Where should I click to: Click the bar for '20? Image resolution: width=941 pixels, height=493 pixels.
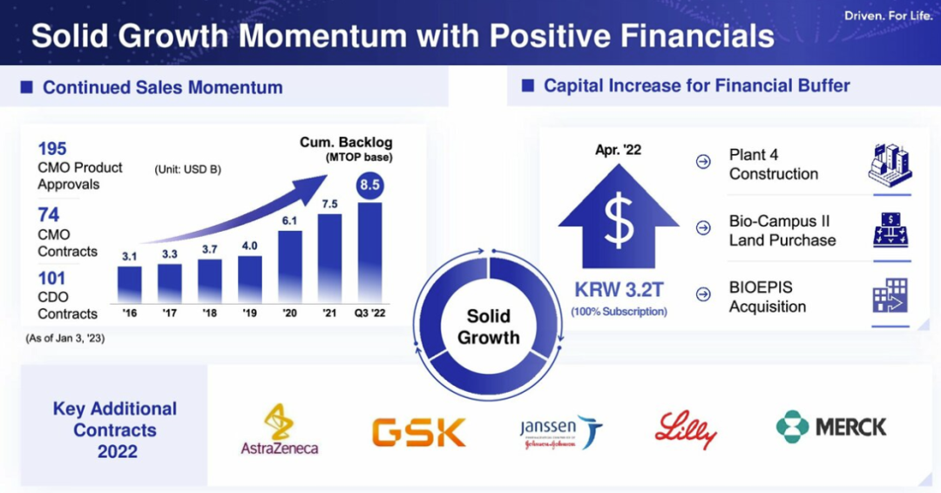(x=290, y=267)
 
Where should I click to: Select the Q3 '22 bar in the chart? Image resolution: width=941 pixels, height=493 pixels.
(x=369, y=253)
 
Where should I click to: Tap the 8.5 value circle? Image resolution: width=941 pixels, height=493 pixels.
(x=369, y=185)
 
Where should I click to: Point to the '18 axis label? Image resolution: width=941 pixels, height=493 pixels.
(x=209, y=313)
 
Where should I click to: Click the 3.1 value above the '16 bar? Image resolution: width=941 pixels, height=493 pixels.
(x=130, y=257)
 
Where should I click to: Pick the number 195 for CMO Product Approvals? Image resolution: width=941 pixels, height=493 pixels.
(x=52, y=149)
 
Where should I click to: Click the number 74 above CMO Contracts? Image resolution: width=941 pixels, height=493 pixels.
(x=49, y=215)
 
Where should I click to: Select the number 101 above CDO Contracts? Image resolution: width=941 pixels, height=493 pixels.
(x=51, y=278)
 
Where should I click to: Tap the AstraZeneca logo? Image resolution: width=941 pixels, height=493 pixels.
(x=280, y=429)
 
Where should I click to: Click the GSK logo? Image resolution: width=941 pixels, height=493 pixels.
(x=419, y=432)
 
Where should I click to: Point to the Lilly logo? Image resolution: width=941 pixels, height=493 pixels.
(x=686, y=429)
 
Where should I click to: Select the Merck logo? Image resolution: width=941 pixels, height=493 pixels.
(x=831, y=427)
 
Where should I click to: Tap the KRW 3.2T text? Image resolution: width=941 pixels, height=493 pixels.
(x=619, y=290)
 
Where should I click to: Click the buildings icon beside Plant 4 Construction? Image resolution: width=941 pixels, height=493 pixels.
(x=890, y=165)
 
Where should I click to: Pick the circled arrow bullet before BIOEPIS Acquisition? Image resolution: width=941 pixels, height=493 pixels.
(x=703, y=294)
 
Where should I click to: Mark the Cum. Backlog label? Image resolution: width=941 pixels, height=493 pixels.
(x=346, y=143)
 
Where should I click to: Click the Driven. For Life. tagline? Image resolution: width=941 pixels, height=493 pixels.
(x=889, y=16)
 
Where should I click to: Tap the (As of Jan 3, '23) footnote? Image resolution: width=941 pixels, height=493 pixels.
(x=64, y=338)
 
